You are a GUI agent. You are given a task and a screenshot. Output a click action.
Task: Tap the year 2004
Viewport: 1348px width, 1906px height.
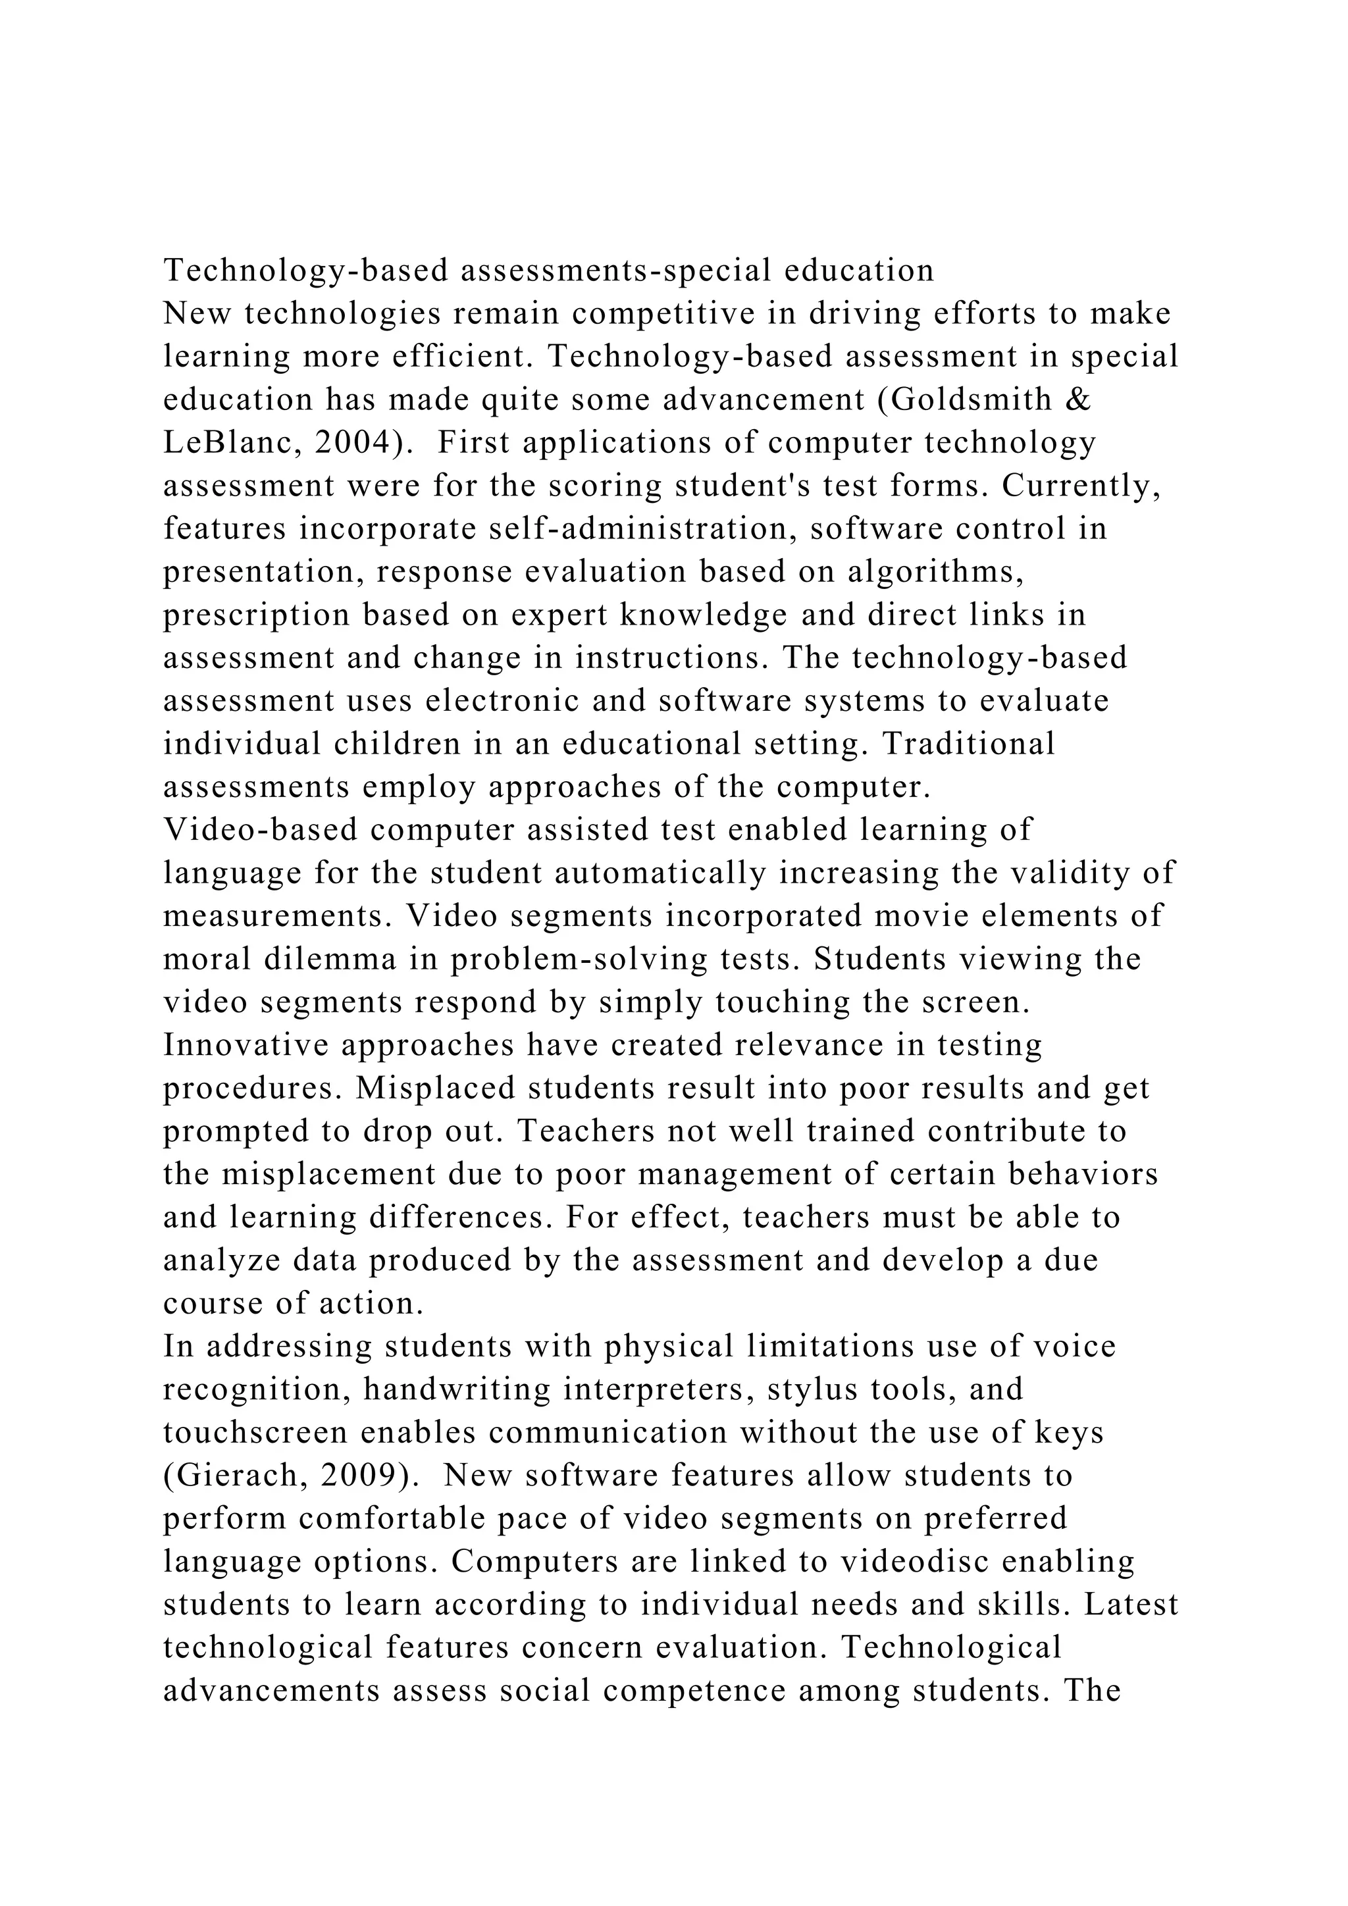coord(353,444)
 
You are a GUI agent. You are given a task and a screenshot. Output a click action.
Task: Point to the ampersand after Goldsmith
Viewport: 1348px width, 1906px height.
coord(1077,401)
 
